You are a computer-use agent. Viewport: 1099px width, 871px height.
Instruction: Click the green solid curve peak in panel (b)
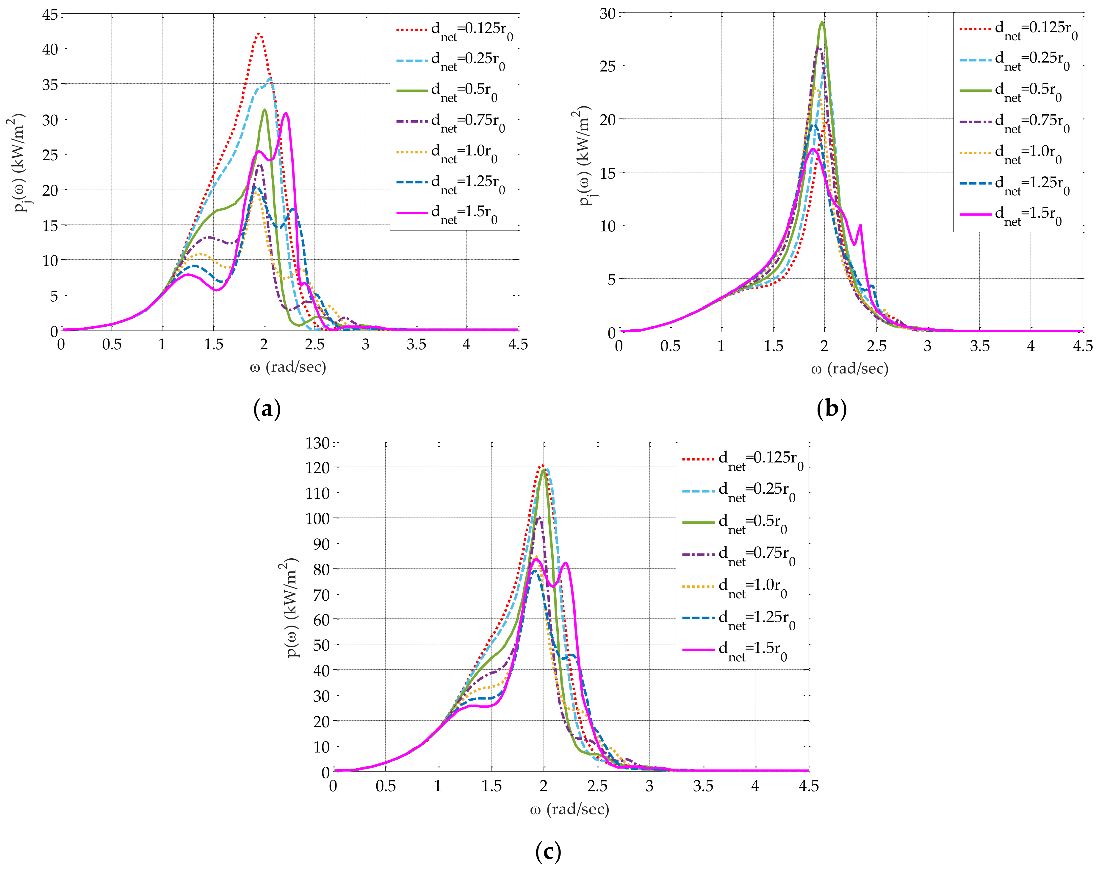(822, 22)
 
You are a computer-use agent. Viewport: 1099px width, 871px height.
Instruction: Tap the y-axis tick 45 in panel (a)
(50, 15)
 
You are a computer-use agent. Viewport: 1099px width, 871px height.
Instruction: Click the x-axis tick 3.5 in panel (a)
(416, 345)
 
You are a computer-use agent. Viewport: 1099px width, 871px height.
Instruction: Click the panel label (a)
(267, 409)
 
